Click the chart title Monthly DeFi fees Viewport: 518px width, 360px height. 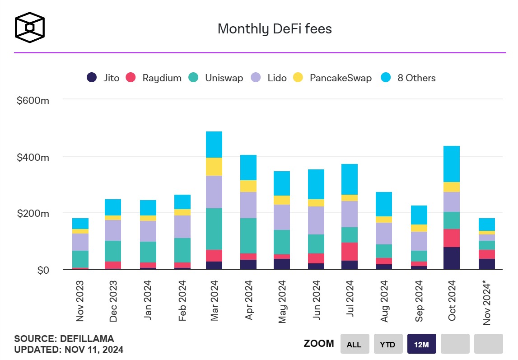tap(275, 29)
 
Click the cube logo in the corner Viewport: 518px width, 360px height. tap(30, 28)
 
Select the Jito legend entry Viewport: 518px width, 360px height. tap(103, 78)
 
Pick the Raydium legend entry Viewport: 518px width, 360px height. tap(155, 78)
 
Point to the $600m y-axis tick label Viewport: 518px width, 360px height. tap(33, 100)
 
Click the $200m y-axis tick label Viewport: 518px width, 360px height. tap(33, 214)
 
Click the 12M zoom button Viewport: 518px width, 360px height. tap(421, 344)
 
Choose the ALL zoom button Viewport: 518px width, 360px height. tap(354, 344)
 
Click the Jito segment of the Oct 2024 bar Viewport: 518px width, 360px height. tap(452, 258)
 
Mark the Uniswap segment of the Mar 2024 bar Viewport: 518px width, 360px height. tap(214, 229)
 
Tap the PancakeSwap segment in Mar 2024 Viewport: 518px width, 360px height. tap(214, 167)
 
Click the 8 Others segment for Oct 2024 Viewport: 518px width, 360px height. tap(452, 164)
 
